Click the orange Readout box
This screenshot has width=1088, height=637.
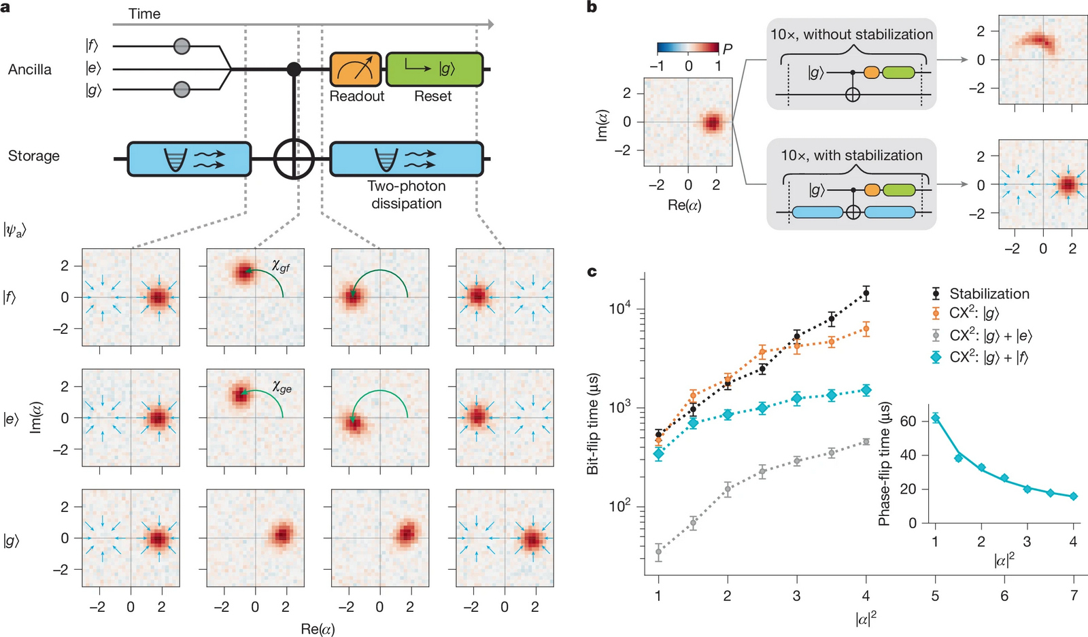[356, 69]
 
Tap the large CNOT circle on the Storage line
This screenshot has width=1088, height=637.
[294, 160]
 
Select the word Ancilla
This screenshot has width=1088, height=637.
[30, 69]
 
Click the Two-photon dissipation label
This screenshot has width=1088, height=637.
[407, 194]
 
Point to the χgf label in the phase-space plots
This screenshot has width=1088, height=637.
[281, 266]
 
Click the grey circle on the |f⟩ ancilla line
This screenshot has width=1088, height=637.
[182, 46]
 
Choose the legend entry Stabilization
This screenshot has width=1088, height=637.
[989, 294]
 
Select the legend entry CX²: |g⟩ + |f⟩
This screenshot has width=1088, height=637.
[988, 357]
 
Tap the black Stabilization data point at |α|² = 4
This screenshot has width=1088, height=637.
[866, 294]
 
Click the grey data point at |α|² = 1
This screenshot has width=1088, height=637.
[658, 551]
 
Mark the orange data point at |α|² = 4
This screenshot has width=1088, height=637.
[866, 329]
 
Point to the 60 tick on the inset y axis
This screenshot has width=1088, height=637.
[908, 421]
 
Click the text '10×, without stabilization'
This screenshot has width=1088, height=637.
[851, 35]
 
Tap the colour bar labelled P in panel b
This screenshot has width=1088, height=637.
[687, 48]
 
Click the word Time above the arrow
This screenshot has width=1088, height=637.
[144, 14]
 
